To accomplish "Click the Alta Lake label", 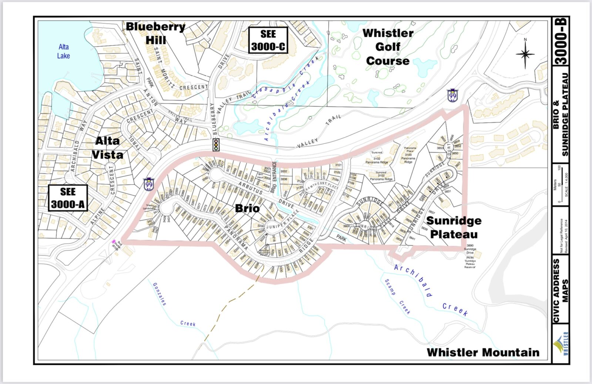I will click(63, 51).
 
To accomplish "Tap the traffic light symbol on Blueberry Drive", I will click(216, 144).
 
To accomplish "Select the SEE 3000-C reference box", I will click(268, 40).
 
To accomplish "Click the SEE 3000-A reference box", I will click(68, 198).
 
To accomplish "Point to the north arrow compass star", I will click(525, 54).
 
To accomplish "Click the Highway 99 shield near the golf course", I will click(452, 96).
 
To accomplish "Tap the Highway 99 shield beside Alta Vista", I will click(149, 184).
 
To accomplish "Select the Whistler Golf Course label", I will click(387, 47).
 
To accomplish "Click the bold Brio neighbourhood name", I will click(247, 208).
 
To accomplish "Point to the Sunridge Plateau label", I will click(454, 227).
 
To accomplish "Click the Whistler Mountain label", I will click(483, 352).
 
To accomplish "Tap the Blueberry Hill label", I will click(155, 33).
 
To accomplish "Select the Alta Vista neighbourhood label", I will click(107, 148).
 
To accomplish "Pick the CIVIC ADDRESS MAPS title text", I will click(560, 290).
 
